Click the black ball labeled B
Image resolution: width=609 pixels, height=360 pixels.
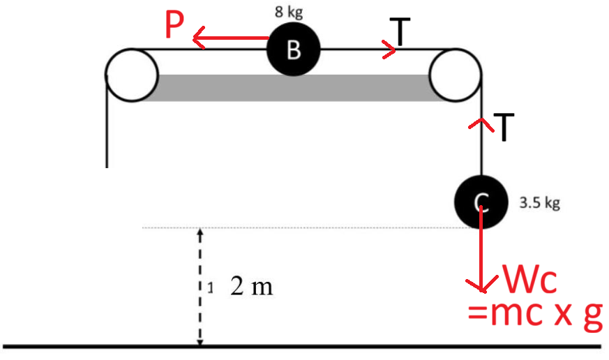[x=294, y=50]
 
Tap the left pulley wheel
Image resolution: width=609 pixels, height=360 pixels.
[x=132, y=74]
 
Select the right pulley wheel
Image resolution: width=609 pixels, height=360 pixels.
[x=456, y=74]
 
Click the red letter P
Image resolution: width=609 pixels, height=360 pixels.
[x=174, y=27]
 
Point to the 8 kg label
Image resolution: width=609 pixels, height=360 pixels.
[x=289, y=13]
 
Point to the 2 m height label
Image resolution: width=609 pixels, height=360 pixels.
[x=252, y=287]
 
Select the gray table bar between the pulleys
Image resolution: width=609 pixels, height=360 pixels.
[x=293, y=87]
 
